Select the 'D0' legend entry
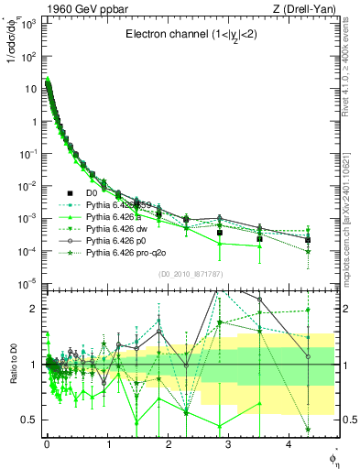pos(92,192)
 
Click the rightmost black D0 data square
pos(308,240)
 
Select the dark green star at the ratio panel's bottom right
pos(308,430)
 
